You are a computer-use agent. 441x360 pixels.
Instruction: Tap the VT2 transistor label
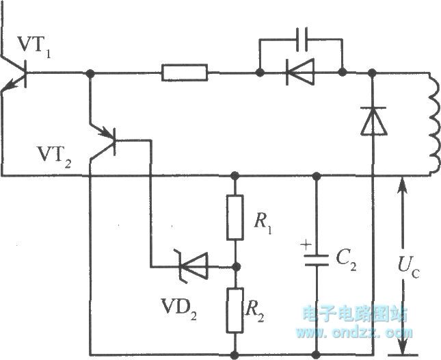pyautogui.click(x=55, y=157)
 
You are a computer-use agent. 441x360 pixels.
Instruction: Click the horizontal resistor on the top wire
pyautogui.click(x=185, y=72)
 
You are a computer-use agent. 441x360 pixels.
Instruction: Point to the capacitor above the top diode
pyautogui.click(x=301, y=39)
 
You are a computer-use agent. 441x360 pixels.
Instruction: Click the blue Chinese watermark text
pyautogui.click(x=354, y=313)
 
